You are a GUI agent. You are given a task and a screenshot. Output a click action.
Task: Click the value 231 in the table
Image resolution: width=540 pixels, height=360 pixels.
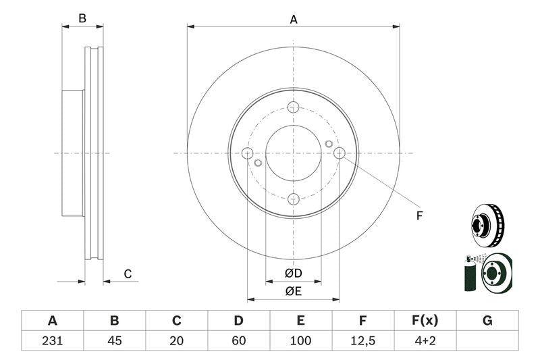click(x=53, y=340)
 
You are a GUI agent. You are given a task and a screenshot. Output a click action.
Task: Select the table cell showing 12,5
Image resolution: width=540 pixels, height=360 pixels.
click(x=362, y=340)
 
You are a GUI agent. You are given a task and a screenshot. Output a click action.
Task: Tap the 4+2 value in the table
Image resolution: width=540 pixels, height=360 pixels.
click(x=425, y=340)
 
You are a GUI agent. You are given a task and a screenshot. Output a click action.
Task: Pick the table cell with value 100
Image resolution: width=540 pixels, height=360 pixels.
click(x=300, y=340)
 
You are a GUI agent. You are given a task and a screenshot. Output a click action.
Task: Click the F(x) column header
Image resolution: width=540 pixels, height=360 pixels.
click(x=425, y=321)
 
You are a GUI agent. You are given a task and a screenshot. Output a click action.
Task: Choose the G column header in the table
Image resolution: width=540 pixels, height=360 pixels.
click(x=487, y=321)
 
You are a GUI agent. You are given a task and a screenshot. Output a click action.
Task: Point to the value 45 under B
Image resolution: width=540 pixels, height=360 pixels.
click(x=115, y=340)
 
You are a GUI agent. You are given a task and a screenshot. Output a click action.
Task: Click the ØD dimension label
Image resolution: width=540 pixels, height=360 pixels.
click(x=294, y=273)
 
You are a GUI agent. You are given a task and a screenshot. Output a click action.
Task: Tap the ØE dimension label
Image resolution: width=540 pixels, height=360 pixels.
click(x=294, y=291)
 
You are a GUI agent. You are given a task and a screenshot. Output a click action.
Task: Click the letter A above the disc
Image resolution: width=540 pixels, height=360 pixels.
click(x=294, y=20)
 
